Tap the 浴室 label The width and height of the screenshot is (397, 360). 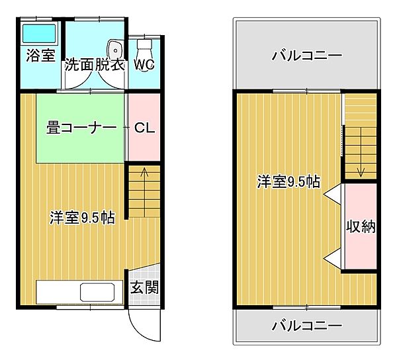pyautogui.click(x=40, y=56)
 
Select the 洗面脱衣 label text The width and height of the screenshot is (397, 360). pyautogui.click(x=95, y=66)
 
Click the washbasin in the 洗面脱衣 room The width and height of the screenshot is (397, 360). pyautogui.click(x=115, y=50)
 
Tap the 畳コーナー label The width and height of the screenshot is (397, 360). pyautogui.click(x=81, y=128)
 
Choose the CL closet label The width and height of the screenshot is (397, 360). pyautogui.click(x=144, y=128)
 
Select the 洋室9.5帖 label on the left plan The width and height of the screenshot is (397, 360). pyautogui.click(x=82, y=218)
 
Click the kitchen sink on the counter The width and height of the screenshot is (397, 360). pyautogui.click(x=97, y=292)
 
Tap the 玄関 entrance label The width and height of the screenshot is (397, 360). pyautogui.click(x=144, y=289)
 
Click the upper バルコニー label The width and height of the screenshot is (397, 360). pyautogui.click(x=306, y=56)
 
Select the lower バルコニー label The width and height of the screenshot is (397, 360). pyautogui.click(x=306, y=326)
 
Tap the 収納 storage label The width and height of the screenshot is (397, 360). pyautogui.click(x=361, y=226)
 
